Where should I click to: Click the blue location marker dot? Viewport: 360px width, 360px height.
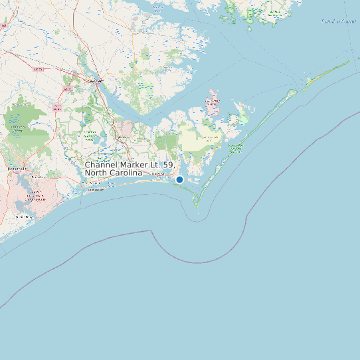(x=179, y=179)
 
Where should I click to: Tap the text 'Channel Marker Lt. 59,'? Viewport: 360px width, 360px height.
(x=130, y=164)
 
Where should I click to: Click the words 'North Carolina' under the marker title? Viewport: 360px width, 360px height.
(x=113, y=173)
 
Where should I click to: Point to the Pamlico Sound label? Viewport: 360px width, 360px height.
(x=339, y=21)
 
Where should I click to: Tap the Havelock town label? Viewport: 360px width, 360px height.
(x=123, y=137)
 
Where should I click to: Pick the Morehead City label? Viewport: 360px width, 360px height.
(x=158, y=174)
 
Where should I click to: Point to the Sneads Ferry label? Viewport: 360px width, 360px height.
(x=24, y=217)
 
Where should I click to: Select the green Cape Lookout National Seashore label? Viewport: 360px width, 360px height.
(x=235, y=147)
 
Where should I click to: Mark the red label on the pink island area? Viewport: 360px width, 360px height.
(x=213, y=102)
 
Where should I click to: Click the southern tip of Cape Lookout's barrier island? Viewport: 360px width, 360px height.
(x=197, y=205)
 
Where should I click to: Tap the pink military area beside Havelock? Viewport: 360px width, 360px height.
(x=124, y=127)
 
